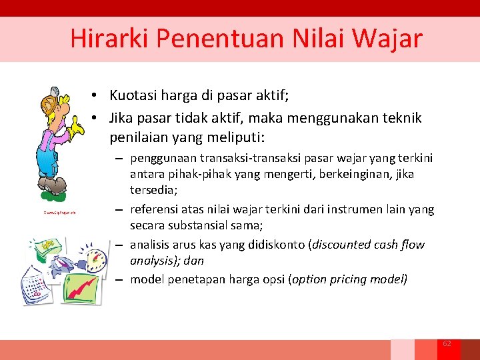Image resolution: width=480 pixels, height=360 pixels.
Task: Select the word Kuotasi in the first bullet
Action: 133,96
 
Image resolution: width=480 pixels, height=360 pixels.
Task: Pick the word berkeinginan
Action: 364,173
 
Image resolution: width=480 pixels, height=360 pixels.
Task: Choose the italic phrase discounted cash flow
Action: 364,245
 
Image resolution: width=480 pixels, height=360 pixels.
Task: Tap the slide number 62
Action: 447,343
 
